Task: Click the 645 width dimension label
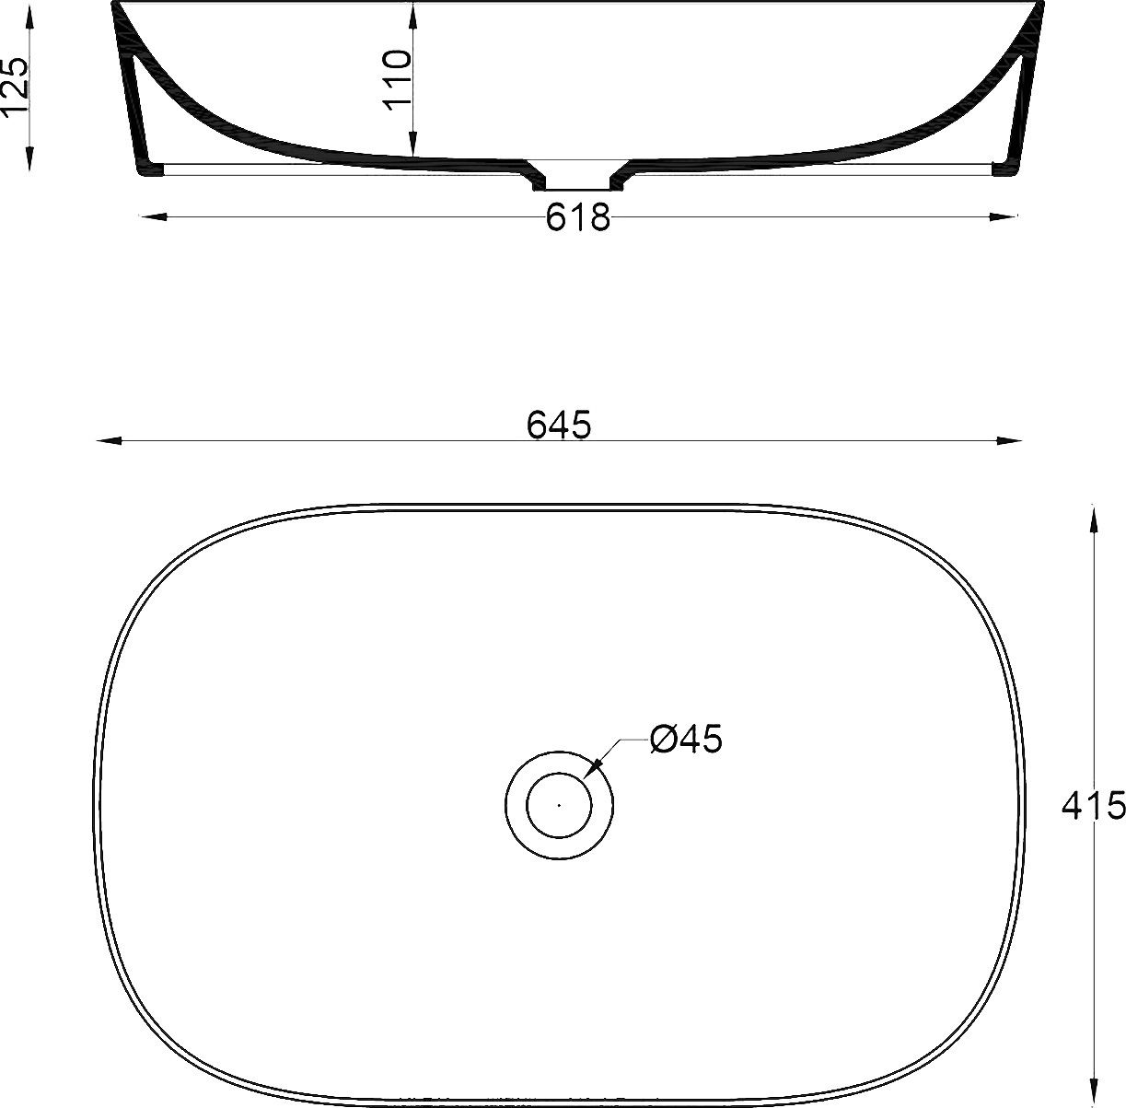[558, 425]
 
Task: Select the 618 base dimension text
[577, 218]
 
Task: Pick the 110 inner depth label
[397, 80]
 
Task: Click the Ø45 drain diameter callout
[685, 739]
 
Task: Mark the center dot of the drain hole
[559, 804]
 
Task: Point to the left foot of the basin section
[148, 169]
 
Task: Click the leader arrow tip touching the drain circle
[593, 767]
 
